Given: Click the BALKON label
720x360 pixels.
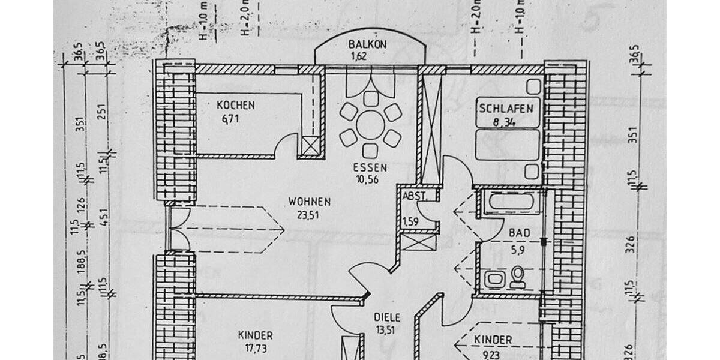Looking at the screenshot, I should click(367, 45).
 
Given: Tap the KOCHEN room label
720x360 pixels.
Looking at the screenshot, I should click(235, 106).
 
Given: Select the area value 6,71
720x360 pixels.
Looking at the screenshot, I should click(230, 119).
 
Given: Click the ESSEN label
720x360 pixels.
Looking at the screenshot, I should click(370, 168).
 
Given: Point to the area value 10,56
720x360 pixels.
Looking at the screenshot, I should click(370, 178).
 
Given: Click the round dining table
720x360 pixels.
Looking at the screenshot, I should click(370, 125).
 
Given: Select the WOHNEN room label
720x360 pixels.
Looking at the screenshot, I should click(309, 202).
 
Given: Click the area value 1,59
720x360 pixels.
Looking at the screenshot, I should click(410, 221).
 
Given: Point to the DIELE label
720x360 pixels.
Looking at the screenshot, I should click(387, 318).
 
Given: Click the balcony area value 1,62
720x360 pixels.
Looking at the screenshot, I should click(358, 57).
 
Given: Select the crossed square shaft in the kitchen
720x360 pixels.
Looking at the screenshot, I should click(311, 146).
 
